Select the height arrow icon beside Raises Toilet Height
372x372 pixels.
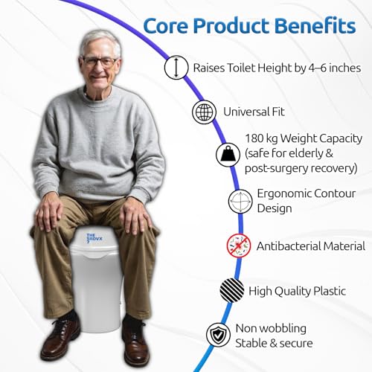click(176, 68)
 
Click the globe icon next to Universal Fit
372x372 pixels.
click(202, 112)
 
